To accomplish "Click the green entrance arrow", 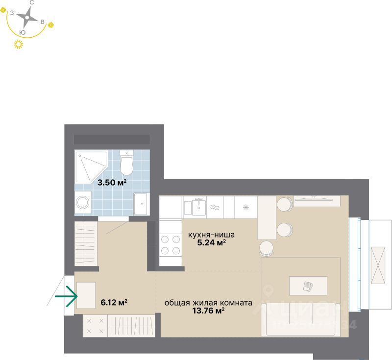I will pos(67,297).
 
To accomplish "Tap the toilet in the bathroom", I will pos(126,163).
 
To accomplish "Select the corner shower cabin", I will pos(89,167).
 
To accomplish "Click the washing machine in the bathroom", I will pos(82,202).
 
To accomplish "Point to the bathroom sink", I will pos(141,203).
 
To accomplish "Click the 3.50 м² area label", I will pos(112,183).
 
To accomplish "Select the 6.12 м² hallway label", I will pos(114,302).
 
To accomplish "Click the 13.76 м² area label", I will pos(208,311).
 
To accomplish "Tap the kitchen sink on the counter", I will pos(199,207).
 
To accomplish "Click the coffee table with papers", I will pos(308,285).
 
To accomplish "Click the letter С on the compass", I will pos(32,3).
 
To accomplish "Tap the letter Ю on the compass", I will pos(22,32).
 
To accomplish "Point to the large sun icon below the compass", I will pos(19,45).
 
